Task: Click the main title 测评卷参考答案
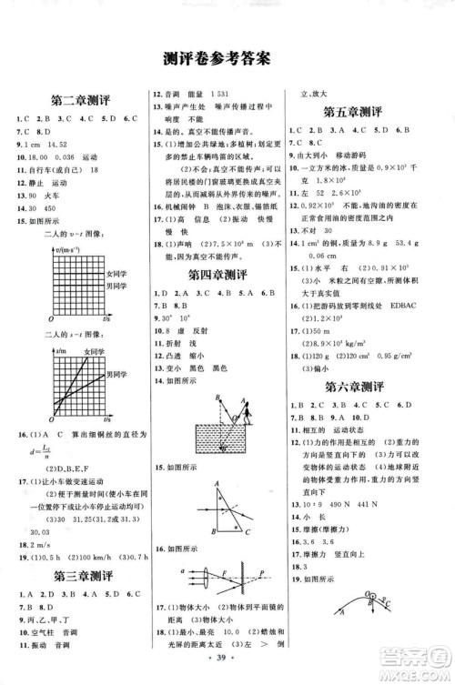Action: point(227,58)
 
